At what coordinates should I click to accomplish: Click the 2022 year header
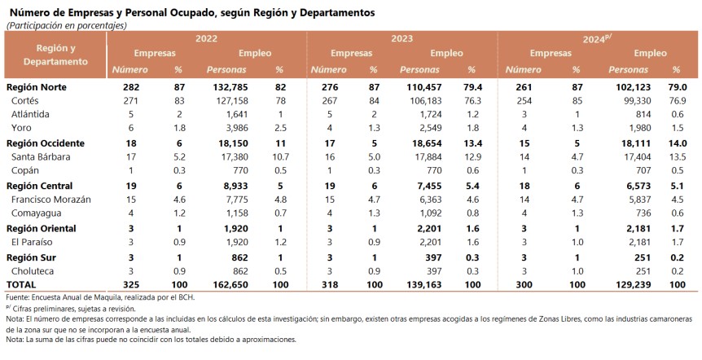coord(206,38)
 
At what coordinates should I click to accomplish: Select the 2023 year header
coord(401,38)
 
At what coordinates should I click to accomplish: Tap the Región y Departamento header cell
coord(56,55)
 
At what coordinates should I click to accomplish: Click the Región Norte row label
coord(36,86)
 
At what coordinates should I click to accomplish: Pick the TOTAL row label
coord(22,285)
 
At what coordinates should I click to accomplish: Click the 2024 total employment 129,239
coord(629,285)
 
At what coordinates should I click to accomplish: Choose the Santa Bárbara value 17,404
coord(631,157)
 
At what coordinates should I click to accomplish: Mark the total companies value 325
coord(129,285)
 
